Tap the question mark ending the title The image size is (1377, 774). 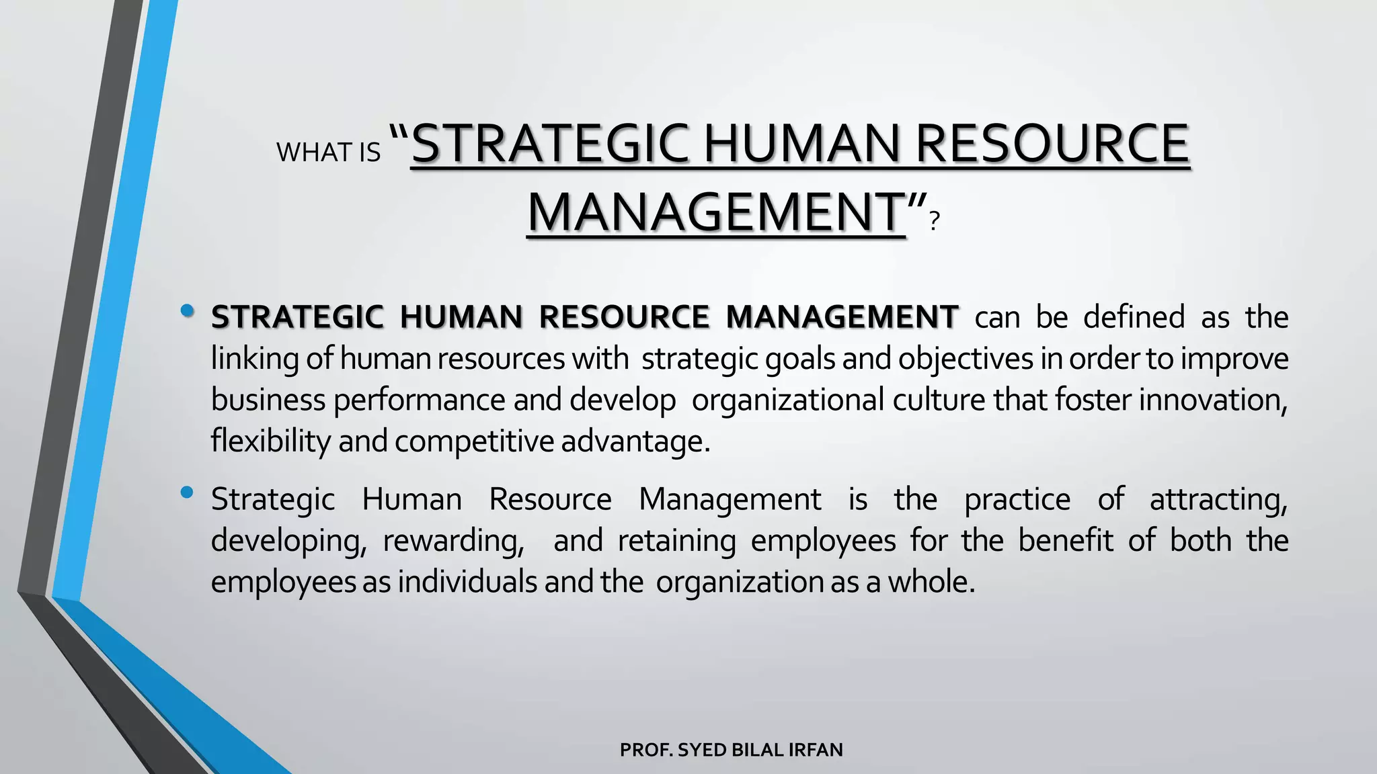pyautogui.click(x=933, y=221)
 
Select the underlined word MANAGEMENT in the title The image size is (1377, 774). pyautogui.click(x=716, y=212)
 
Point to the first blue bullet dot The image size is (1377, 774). pyautogui.click(x=188, y=311)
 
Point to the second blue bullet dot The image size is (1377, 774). pyautogui.click(x=188, y=493)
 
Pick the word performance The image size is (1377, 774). pyautogui.click(x=419, y=400)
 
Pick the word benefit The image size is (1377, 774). pyautogui.click(x=1066, y=541)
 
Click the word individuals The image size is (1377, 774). pyautogui.click(x=467, y=582)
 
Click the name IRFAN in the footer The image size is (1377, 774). pyautogui.click(x=816, y=750)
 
